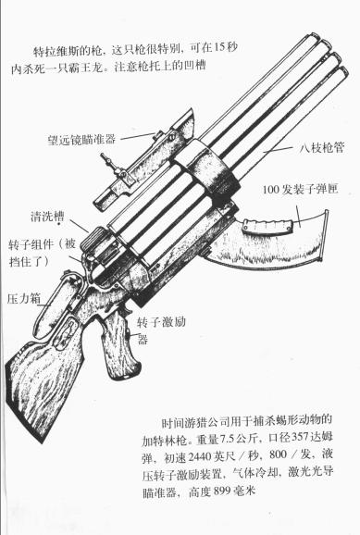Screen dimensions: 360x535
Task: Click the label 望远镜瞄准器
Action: (81, 139)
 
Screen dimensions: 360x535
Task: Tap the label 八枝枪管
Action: (322, 147)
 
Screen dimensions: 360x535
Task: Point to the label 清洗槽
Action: (47, 217)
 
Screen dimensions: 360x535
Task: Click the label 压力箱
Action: (24, 298)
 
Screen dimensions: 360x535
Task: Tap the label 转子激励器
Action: (161, 330)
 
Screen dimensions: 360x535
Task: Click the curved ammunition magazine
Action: (269, 241)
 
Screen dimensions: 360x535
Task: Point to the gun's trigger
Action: (128, 308)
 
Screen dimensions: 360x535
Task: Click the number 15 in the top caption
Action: (219, 47)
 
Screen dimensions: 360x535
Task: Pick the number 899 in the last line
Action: (223, 491)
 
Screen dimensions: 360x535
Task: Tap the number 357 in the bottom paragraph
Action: (300, 437)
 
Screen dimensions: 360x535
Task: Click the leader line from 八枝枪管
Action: (279, 149)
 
